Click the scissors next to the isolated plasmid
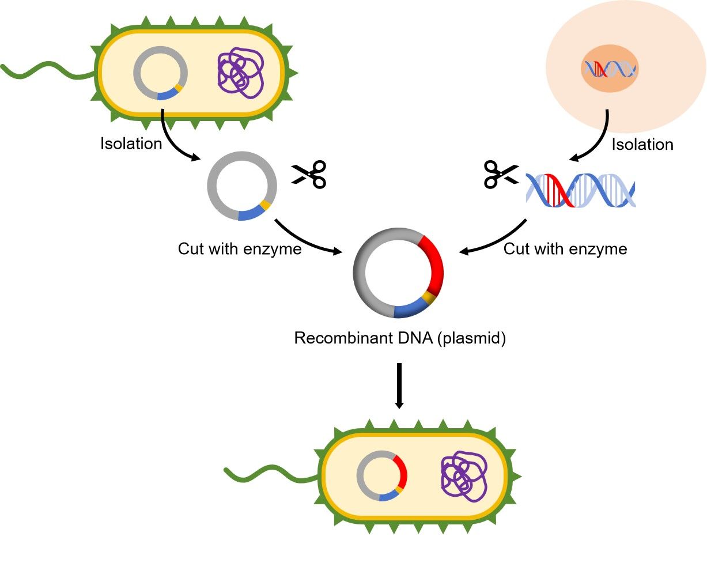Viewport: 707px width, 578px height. [x=309, y=175]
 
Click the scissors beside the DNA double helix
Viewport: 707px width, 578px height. [x=501, y=174]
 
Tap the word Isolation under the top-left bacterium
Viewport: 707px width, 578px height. [x=131, y=143]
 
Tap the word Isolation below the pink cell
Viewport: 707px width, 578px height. [x=642, y=144]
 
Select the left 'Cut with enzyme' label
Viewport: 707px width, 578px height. [x=240, y=249]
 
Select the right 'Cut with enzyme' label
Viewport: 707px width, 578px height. [x=565, y=249]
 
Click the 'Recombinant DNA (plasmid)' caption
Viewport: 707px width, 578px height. [x=400, y=338]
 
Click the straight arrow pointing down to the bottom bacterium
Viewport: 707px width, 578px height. [x=399, y=386]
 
